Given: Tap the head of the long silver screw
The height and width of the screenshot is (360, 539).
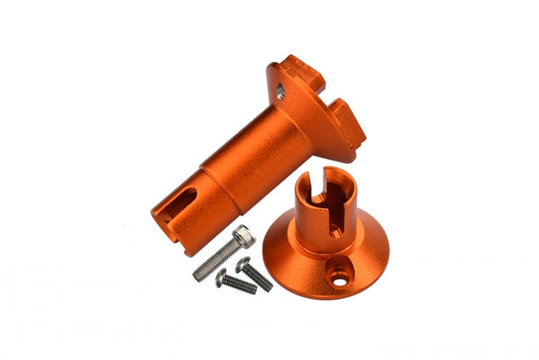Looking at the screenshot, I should pos(243,236).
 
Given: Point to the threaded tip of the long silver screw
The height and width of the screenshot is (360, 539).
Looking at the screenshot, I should pos(199,275).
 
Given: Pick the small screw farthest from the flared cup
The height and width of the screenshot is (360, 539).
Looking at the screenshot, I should pos(235,283).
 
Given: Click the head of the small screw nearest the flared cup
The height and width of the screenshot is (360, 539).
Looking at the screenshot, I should pos(243,264).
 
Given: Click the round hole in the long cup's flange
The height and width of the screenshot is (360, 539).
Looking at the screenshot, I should pos(281,91).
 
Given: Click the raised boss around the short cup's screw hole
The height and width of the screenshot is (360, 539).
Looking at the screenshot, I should pos(340,277).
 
